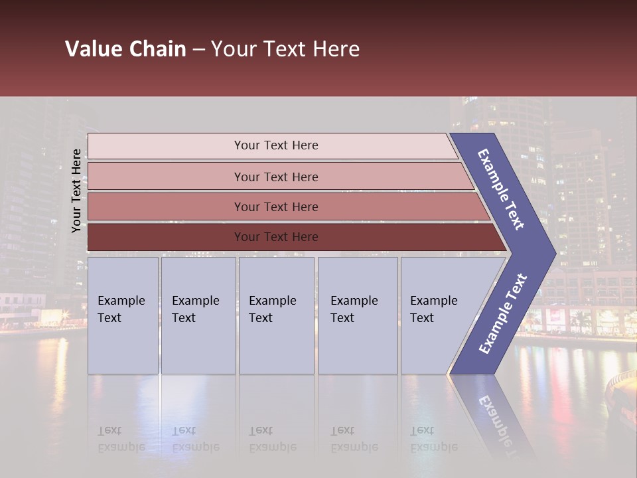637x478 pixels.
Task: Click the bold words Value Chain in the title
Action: pyautogui.click(x=125, y=49)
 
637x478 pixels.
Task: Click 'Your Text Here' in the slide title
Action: pyautogui.click(x=285, y=49)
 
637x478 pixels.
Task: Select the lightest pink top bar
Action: pyautogui.click(x=275, y=145)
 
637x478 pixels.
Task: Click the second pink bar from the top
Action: pyautogui.click(x=275, y=177)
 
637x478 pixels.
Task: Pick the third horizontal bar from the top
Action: pyautogui.click(x=275, y=206)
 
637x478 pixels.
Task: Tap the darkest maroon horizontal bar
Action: pyautogui.click(x=275, y=237)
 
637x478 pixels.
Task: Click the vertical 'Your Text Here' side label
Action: pyautogui.click(x=76, y=191)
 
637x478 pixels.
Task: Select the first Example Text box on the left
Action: pyautogui.click(x=122, y=315)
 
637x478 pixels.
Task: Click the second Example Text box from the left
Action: pyautogui.click(x=197, y=315)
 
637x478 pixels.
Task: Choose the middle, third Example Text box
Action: pyautogui.click(x=275, y=315)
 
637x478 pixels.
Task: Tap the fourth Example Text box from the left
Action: pyautogui.click(x=357, y=315)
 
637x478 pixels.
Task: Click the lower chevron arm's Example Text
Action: pyautogui.click(x=502, y=313)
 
